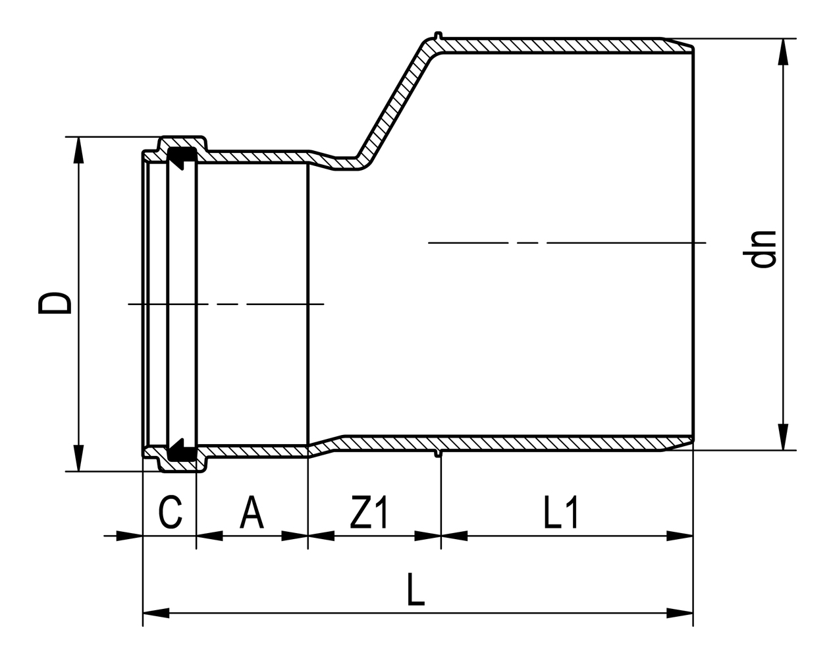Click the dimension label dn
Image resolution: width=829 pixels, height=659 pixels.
tap(763, 249)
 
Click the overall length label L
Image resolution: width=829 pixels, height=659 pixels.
tap(415, 590)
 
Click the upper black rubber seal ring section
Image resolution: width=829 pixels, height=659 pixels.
tap(181, 156)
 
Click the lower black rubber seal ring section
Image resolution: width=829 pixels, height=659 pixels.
tap(181, 451)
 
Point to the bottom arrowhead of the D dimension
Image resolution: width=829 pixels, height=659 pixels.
tap(78, 458)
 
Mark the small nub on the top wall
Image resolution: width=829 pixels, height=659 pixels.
tap(438, 34)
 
